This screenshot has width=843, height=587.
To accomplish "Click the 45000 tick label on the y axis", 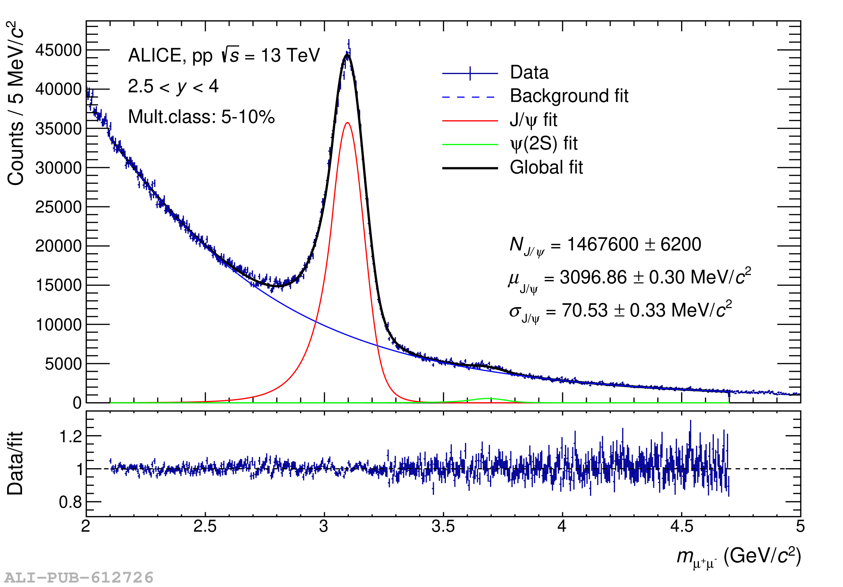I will click(58, 51).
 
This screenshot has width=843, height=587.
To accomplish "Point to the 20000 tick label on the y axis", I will click(58, 246).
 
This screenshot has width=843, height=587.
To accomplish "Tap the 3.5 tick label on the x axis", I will click(443, 527).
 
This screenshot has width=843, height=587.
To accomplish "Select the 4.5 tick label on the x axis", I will click(681, 527).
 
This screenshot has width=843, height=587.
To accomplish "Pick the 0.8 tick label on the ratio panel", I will click(70, 502).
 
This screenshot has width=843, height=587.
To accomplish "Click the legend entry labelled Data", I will click(529, 72).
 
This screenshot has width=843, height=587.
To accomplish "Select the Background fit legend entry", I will click(569, 96).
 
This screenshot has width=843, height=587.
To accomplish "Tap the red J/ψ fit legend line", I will click(470, 121).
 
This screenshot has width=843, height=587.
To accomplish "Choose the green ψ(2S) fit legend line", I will click(470, 145).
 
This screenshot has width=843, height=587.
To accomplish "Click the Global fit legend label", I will click(546, 168).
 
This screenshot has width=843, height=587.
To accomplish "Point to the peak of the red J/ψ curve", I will click(347, 123).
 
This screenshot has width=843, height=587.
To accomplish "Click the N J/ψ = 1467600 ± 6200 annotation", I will click(605, 245).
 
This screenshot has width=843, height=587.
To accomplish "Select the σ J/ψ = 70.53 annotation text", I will click(620, 311).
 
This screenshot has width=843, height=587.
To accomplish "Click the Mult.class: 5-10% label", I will click(201, 117).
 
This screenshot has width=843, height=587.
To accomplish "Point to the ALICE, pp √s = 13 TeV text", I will click(224, 56).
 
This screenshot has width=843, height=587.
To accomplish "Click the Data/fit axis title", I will click(15, 463).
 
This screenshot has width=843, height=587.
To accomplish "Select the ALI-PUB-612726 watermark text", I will click(79, 577).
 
